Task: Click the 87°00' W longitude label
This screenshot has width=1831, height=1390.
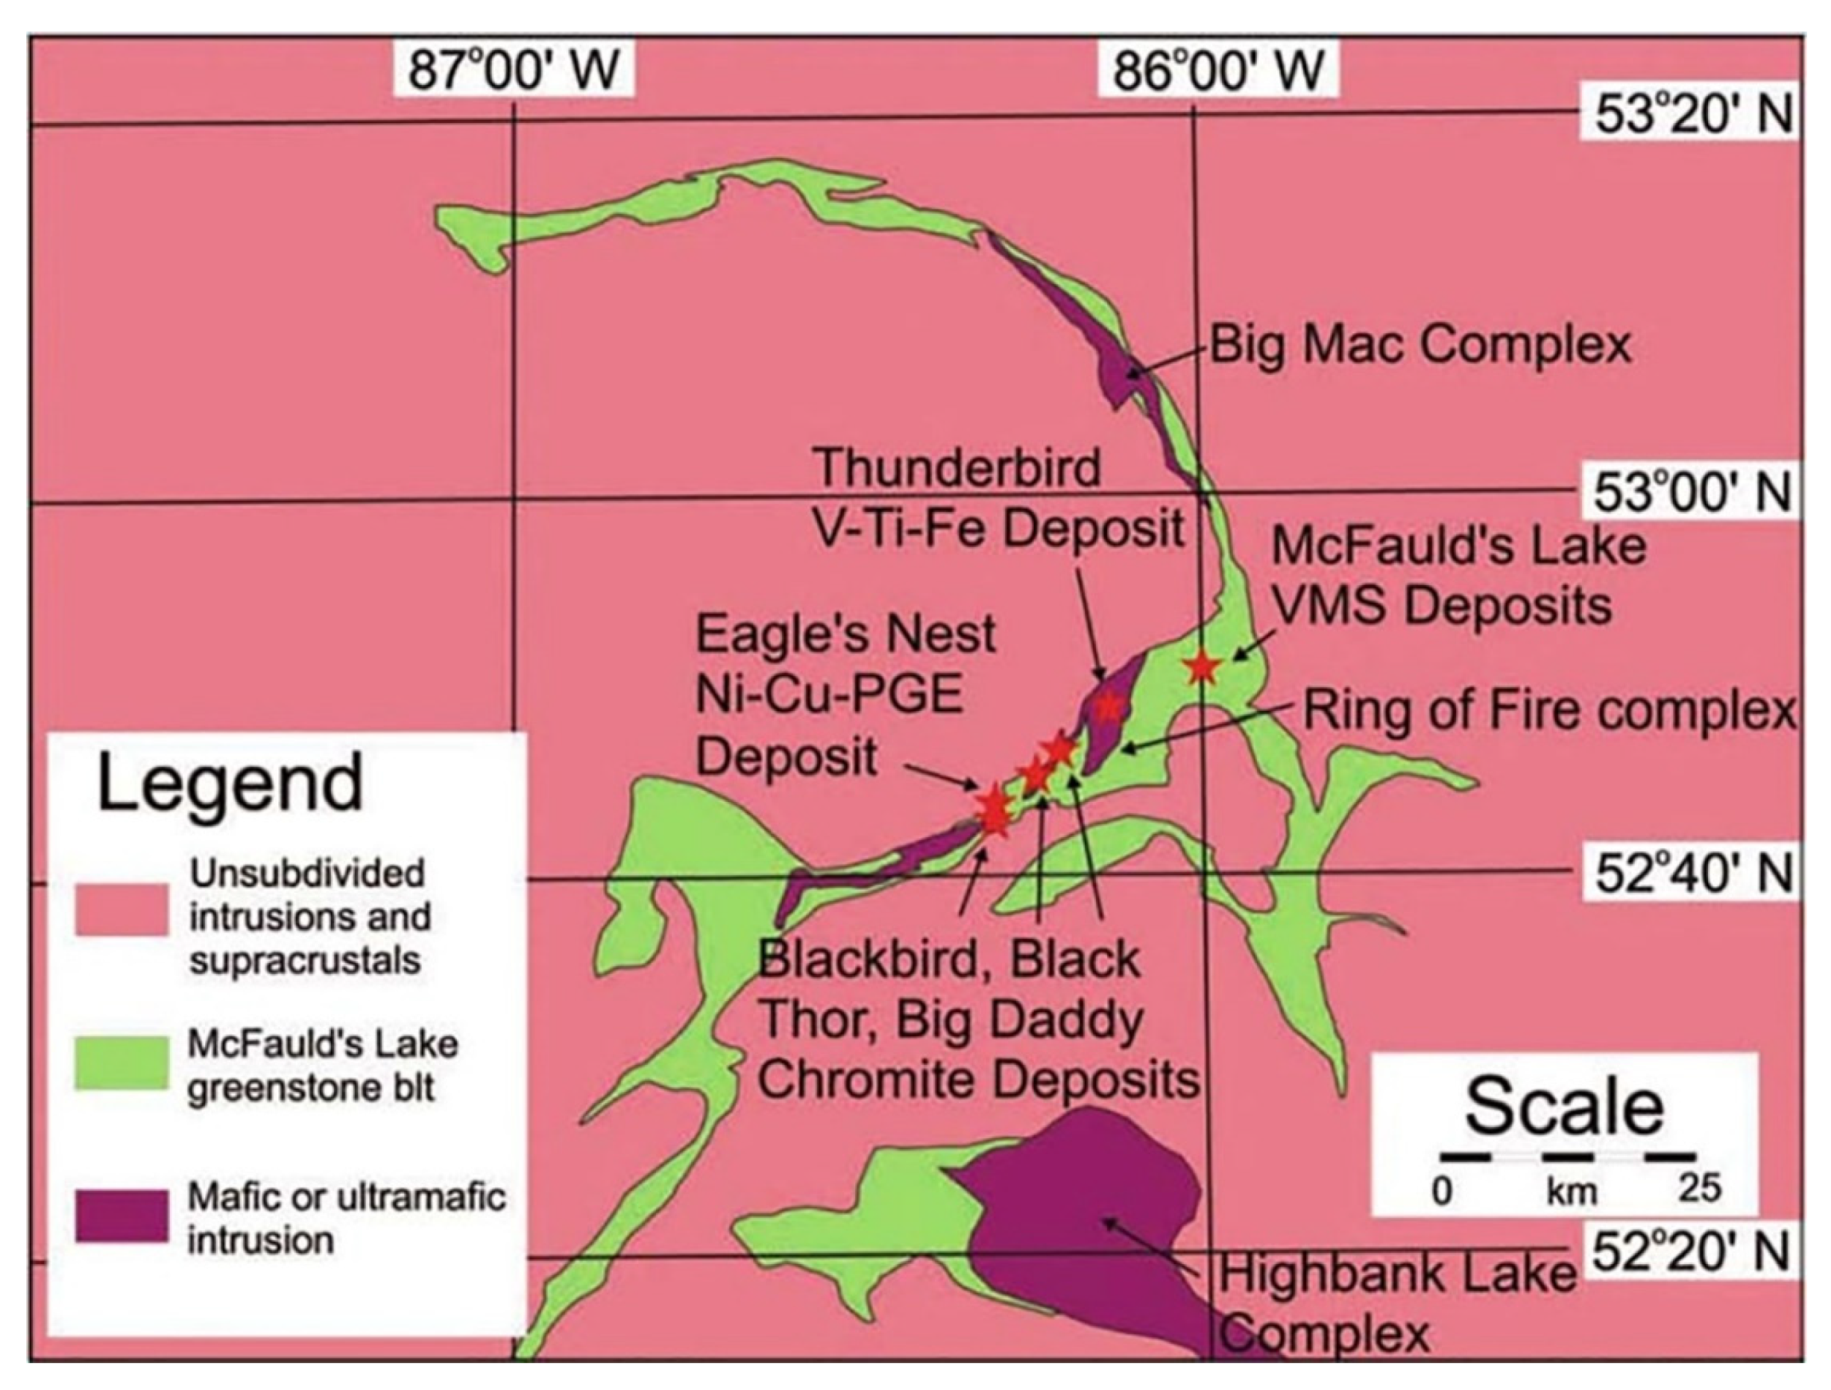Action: pyautogui.click(x=513, y=70)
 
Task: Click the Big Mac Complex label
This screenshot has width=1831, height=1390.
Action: pyautogui.click(x=1420, y=344)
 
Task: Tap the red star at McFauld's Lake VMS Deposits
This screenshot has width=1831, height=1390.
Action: pyautogui.click(x=1201, y=666)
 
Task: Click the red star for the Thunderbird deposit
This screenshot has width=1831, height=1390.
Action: pyautogui.click(x=1108, y=706)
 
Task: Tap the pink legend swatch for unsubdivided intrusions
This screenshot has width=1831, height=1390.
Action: pyautogui.click(x=122, y=910)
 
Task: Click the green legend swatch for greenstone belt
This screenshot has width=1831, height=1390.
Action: pyautogui.click(x=122, y=1063)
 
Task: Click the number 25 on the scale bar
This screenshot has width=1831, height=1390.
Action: pyautogui.click(x=1699, y=1189)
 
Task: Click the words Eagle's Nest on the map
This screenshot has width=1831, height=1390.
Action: pyautogui.click(x=846, y=634)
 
